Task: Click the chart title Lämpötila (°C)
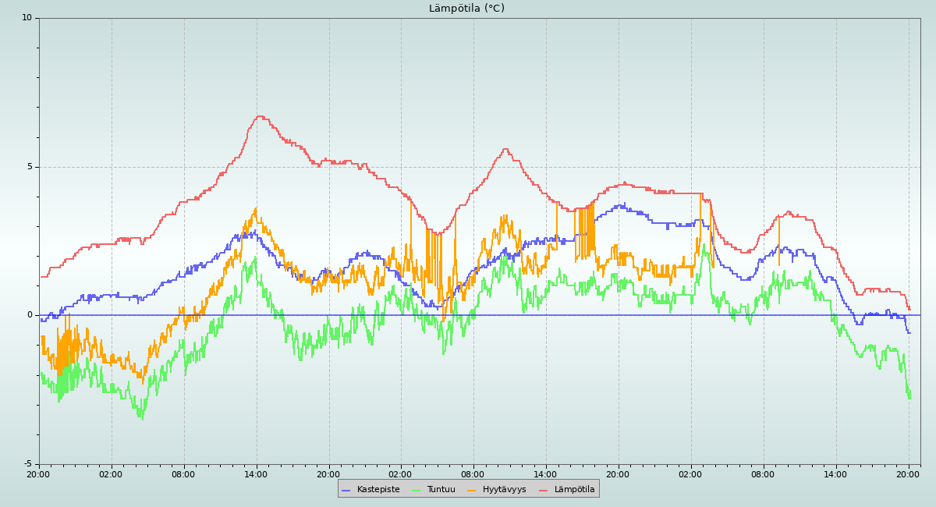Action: point(466,9)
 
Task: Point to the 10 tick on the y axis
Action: point(27,18)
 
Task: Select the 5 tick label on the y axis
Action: point(29,167)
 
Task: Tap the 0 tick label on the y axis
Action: point(29,315)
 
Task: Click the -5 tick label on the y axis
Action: point(27,464)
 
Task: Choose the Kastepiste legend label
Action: point(378,490)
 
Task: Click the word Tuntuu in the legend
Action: point(441,490)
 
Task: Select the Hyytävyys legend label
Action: point(504,490)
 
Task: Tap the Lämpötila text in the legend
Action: point(574,490)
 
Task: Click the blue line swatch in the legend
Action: point(346,490)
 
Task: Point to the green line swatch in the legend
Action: point(416,490)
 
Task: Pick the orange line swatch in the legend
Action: point(471,490)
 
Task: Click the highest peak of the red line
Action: point(260,116)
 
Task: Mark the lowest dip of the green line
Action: point(142,419)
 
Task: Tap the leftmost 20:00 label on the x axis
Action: point(38,474)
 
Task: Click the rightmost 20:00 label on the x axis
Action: point(908,474)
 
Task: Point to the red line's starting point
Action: point(41,277)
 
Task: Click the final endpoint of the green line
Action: point(909,398)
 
